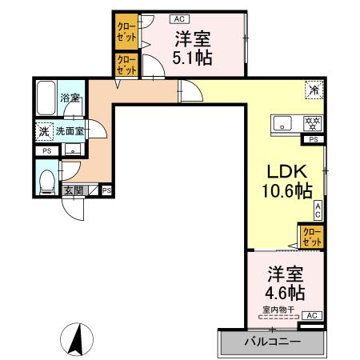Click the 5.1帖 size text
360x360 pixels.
pyautogui.click(x=193, y=58)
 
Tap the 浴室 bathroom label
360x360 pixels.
pyautogui.click(x=70, y=98)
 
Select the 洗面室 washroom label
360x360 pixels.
pyautogui.click(x=70, y=130)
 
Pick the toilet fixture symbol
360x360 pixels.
pyautogui.click(x=47, y=179)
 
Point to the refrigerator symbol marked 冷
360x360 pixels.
pyautogui.click(x=314, y=90)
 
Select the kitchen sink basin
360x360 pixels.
pyautogui.click(x=283, y=123)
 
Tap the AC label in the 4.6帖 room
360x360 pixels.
pyautogui.click(x=311, y=316)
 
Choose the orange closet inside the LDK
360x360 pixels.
pyautogui.click(x=312, y=236)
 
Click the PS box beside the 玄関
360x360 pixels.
pyautogui.click(x=106, y=190)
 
